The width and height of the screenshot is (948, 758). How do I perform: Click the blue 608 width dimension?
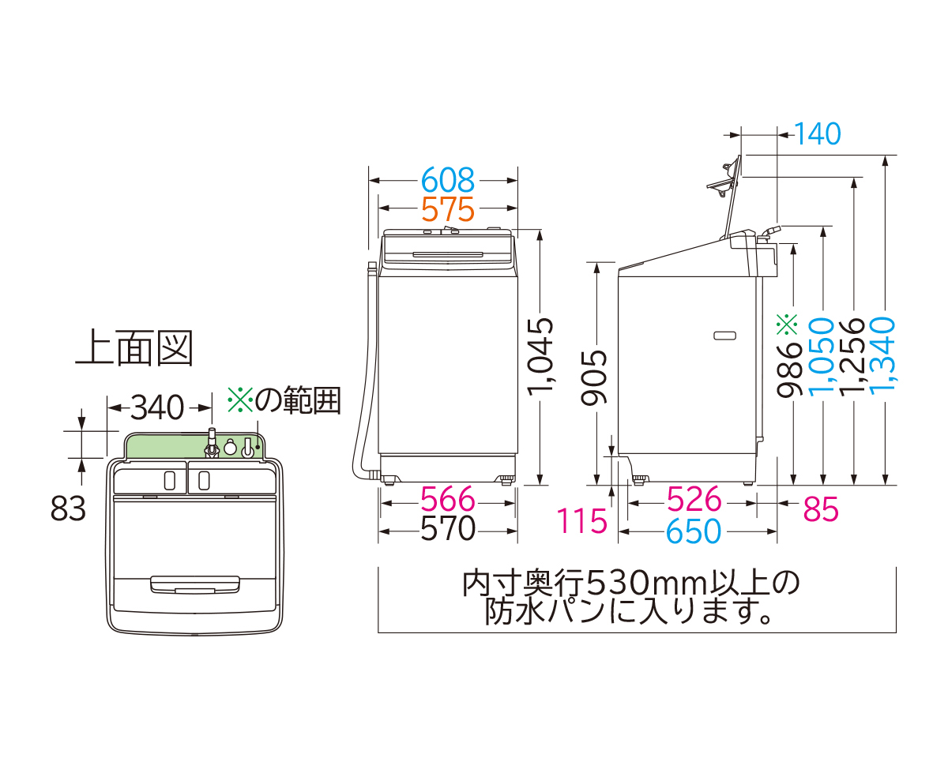447,181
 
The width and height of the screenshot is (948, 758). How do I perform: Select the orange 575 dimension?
447,210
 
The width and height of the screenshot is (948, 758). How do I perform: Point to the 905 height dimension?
596,377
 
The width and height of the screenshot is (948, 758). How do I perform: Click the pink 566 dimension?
447,500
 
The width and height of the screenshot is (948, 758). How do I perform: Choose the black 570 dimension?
447,530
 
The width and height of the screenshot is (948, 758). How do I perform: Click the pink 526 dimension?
694,500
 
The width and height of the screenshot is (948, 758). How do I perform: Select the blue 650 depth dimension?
694,531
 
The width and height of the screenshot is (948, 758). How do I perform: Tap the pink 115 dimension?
582,521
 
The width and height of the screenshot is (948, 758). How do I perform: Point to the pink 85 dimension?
821,511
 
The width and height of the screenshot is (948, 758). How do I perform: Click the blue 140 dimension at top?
818,135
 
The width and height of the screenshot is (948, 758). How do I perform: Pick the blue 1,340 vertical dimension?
884,352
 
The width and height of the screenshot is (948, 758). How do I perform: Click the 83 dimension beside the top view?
68,510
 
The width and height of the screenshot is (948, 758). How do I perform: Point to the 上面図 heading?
134,348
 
